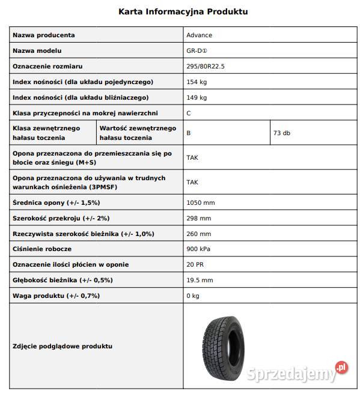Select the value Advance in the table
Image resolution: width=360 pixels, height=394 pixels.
[x=199, y=35]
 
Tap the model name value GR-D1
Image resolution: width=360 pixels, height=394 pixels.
[x=197, y=51]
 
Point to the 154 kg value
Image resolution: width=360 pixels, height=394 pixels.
[x=197, y=82]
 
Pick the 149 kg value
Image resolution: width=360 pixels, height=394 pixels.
[x=197, y=97]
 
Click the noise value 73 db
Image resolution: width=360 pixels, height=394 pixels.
[x=281, y=133]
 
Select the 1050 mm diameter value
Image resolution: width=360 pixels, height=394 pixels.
[x=200, y=202]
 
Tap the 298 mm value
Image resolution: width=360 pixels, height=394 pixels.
[x=199, y=218]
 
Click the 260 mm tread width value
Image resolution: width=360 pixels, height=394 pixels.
[x=199, y=234]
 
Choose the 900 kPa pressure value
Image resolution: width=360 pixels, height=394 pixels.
[x=199, y=249]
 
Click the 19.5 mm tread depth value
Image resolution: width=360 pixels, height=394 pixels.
[x=200, y=280]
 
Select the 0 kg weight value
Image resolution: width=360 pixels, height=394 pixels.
[x=193, y=295]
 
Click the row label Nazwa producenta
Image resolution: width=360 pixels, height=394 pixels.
[x=44, y=35]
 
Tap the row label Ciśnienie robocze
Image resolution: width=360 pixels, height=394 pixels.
[x=42, y=249]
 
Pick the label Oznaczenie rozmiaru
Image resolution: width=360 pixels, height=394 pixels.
[x=48, y=67]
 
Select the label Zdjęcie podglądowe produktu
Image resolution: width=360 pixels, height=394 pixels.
[x=63, y=346]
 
